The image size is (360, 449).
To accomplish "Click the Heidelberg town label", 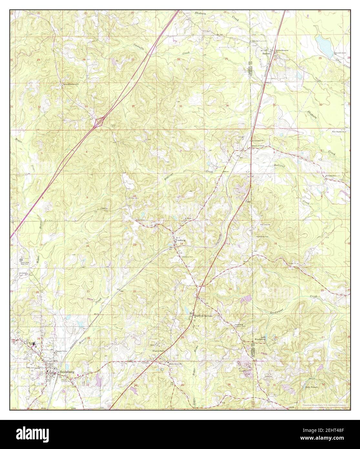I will point(67,372).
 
